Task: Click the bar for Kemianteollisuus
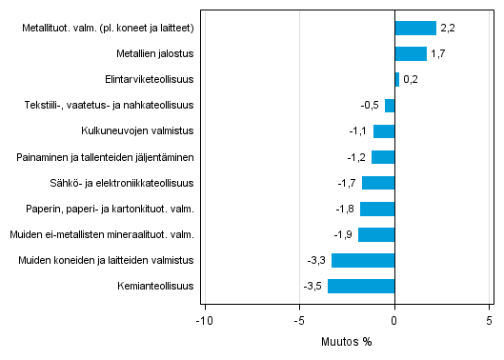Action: point(361,286)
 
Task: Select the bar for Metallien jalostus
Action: point(411,54)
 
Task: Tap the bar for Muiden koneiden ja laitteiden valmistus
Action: point(363,260)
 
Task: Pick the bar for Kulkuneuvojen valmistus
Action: point(384,131)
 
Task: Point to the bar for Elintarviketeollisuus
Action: point(396,80)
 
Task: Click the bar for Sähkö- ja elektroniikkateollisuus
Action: point(378,183)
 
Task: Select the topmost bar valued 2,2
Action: point(415,29)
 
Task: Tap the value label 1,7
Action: point(438,54)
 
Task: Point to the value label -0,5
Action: point(371,106)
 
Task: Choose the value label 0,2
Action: point(411,80)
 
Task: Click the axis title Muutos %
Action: point(347,341)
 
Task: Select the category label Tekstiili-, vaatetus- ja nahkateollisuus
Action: point(109,106)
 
